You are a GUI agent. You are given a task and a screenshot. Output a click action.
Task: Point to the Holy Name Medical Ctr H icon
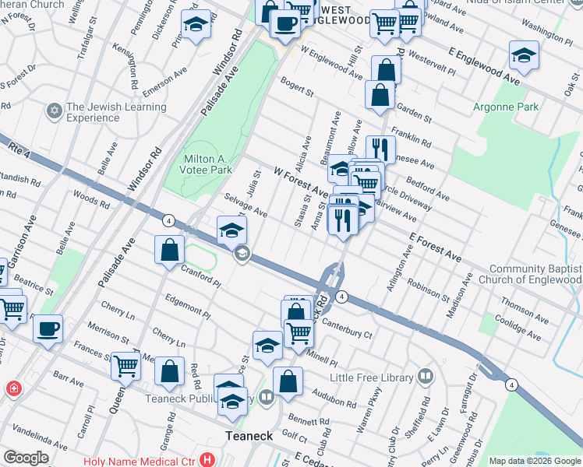206,460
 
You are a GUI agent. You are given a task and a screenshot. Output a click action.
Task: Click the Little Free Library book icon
426,377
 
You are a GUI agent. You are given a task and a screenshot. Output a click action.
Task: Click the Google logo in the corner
26,458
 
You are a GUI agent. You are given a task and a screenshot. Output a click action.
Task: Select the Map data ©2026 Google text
535,461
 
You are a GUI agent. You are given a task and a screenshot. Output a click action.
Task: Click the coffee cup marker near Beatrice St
48,328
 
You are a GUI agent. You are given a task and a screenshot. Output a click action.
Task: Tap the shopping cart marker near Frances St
125,364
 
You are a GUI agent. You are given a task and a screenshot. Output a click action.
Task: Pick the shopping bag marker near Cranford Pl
170,251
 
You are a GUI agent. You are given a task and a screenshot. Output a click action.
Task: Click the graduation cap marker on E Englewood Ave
524,55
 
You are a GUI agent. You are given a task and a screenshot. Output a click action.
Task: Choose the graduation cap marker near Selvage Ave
231,230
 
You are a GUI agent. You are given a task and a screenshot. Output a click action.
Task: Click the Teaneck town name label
249,436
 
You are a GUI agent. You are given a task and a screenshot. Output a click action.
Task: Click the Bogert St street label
297,88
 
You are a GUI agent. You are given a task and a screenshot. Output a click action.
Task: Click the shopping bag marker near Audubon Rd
288,381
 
